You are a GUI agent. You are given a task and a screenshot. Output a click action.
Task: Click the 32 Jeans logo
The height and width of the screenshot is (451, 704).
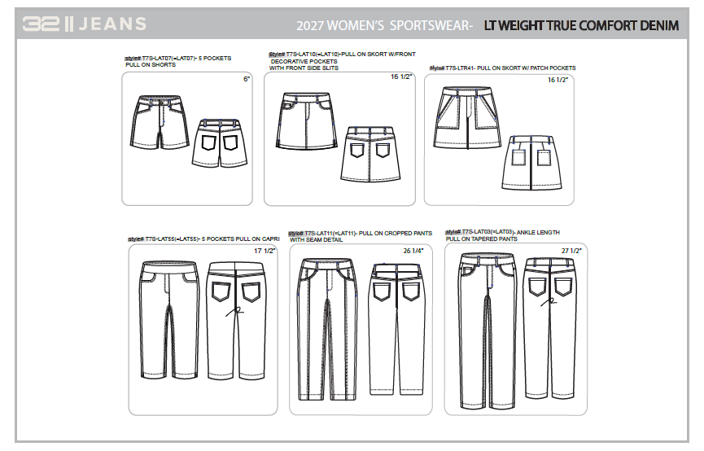point(85,24)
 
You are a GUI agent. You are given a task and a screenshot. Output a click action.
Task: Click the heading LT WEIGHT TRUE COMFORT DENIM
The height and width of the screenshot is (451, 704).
point(580,25)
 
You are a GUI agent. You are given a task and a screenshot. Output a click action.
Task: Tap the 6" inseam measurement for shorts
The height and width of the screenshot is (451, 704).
point(246,80)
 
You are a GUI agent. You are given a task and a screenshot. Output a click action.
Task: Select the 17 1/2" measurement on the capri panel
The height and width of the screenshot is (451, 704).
point(265,251)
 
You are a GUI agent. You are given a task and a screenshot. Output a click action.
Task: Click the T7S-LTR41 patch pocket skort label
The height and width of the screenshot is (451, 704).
point(502,68)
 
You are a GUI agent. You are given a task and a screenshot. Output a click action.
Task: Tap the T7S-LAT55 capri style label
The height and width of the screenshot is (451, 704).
point(204,239)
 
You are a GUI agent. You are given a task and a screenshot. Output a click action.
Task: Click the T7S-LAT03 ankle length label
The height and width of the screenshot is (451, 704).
point(502,232)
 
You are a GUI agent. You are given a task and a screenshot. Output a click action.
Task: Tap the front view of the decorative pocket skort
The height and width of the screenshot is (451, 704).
point(304,121)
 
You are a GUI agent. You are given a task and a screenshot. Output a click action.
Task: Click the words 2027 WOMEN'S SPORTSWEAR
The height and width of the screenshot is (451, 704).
point(384,25)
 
